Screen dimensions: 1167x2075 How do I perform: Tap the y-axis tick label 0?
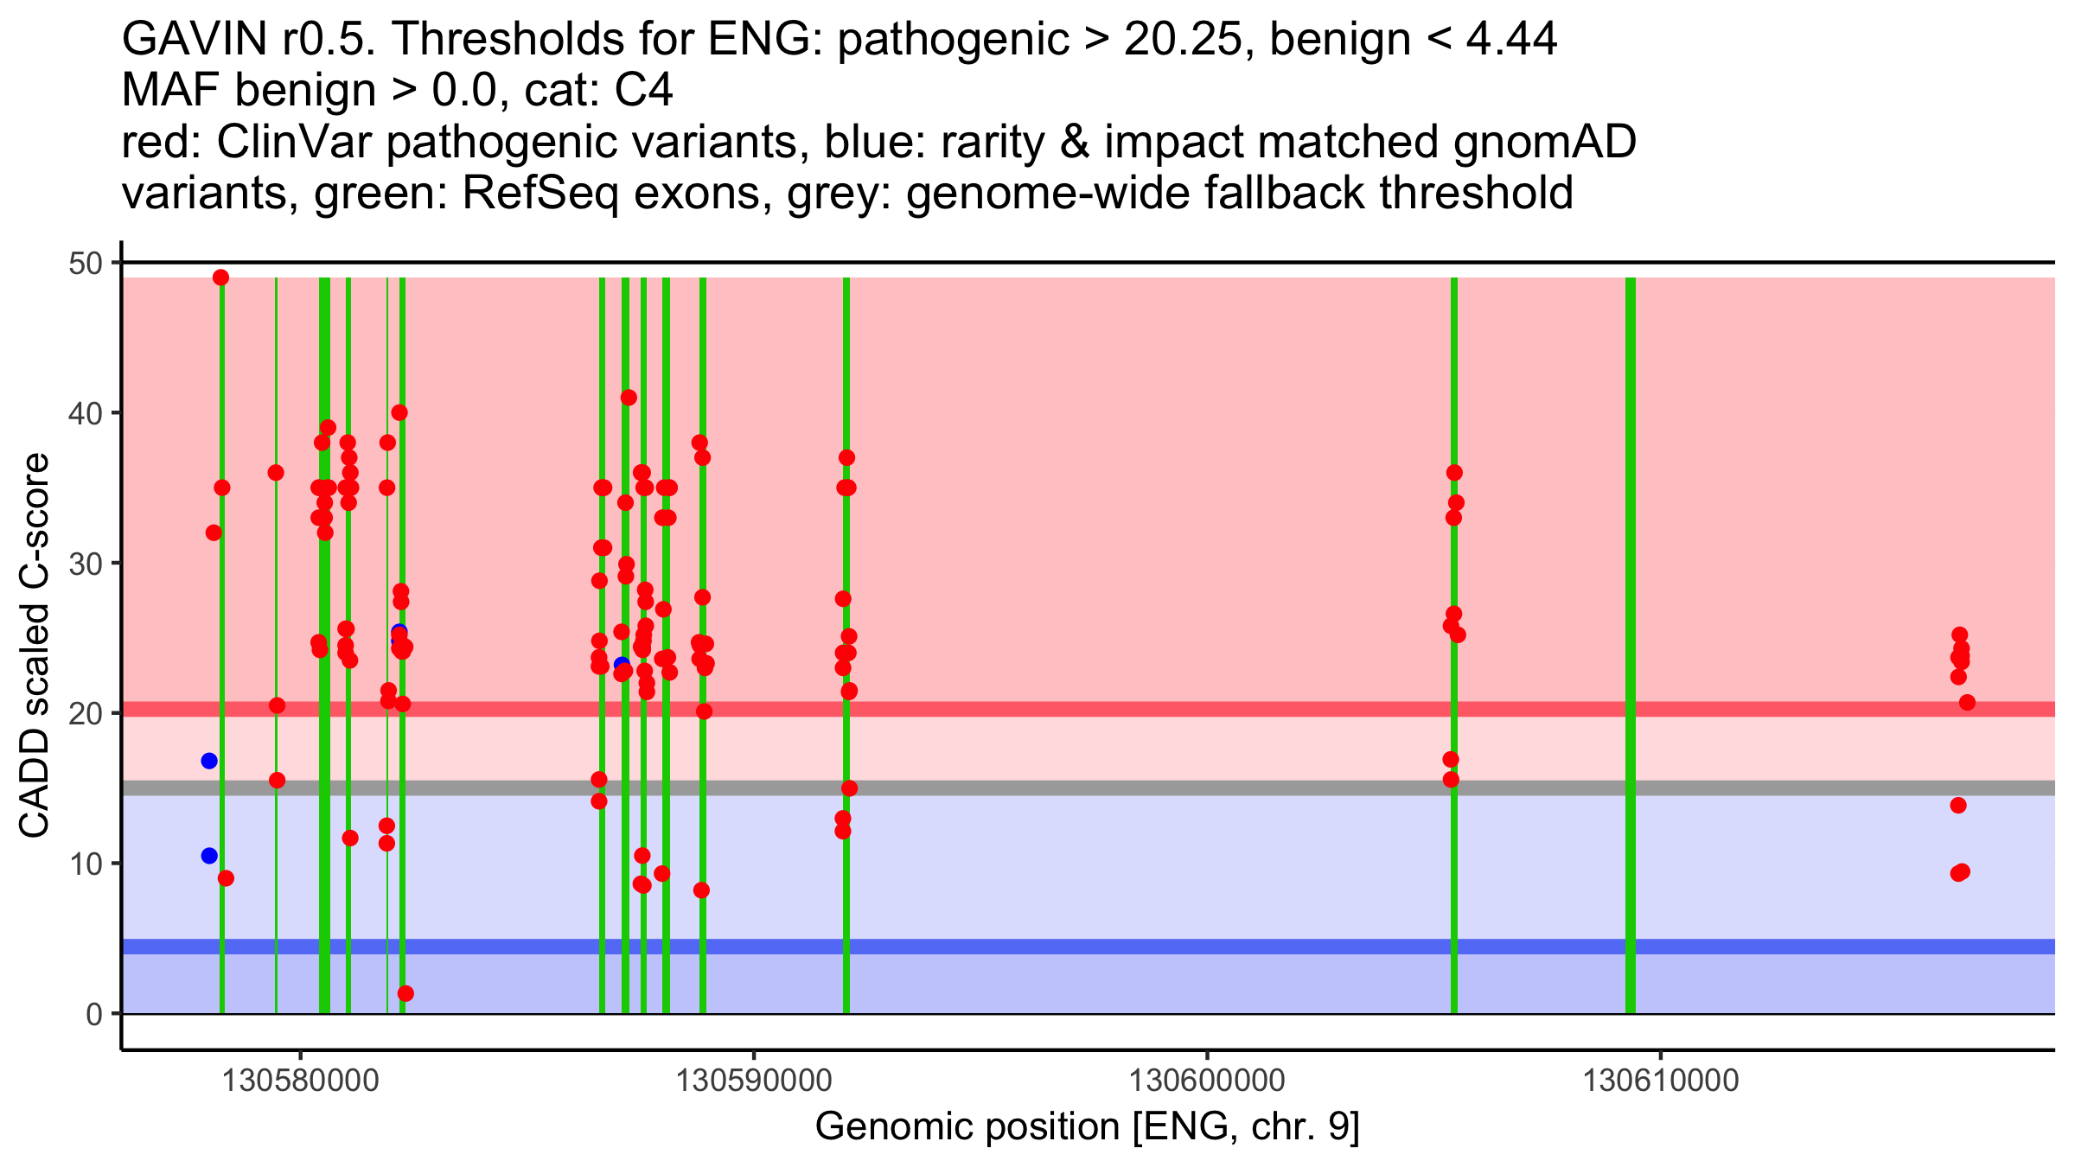[x=93, y=1014]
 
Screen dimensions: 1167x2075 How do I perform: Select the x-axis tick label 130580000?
[x=300, y=1081]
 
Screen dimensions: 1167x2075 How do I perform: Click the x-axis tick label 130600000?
[x=1207, y=1081]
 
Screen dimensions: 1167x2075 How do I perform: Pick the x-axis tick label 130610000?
[x=1660, y=1081]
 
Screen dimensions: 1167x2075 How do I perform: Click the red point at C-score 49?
[x=220, y=277]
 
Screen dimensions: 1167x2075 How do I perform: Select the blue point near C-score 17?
[x=209, y=761]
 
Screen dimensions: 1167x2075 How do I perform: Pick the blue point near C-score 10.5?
[x=209, y=856]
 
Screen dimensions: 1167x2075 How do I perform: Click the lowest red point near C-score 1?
[x=405, y=994]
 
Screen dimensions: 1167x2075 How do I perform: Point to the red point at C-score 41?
[x=629, y=398]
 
